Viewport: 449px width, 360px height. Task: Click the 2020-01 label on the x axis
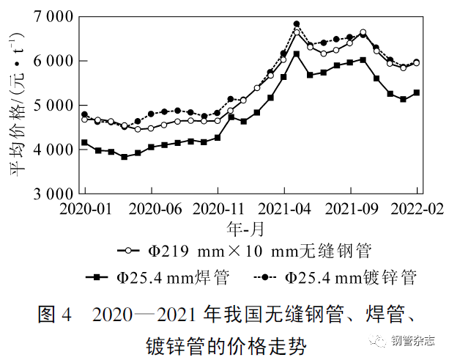point(86,209)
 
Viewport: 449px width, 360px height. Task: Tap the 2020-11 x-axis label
point(218,209)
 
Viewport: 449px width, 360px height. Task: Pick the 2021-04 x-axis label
point(283,209)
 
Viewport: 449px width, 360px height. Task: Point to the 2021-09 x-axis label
point(350,209)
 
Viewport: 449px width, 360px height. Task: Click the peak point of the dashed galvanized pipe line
point(297,24)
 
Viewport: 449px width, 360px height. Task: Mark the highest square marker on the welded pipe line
point(297,54)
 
